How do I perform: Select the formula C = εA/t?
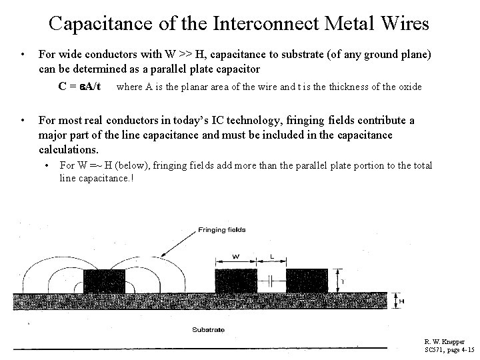click(79, 86)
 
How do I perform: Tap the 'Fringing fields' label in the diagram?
click(221, 230)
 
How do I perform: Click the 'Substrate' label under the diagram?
click(208, 329)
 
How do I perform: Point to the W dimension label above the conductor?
click(235, 255)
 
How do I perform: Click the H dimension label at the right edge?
click(401, 301)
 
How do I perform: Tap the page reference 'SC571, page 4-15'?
click(449, 350)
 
